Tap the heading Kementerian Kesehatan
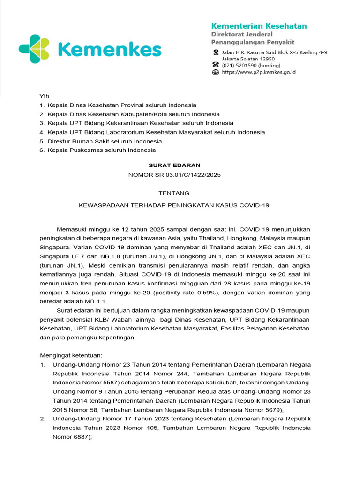pos(259,25)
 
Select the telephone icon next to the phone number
pos(216,65)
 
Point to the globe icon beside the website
pos(216,72)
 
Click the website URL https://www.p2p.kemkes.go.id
pos(258,72)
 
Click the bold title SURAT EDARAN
pos(174,165)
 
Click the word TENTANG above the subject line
pos(174,193)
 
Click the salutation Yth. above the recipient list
pos(45,96)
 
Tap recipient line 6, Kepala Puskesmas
pos(101,150)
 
